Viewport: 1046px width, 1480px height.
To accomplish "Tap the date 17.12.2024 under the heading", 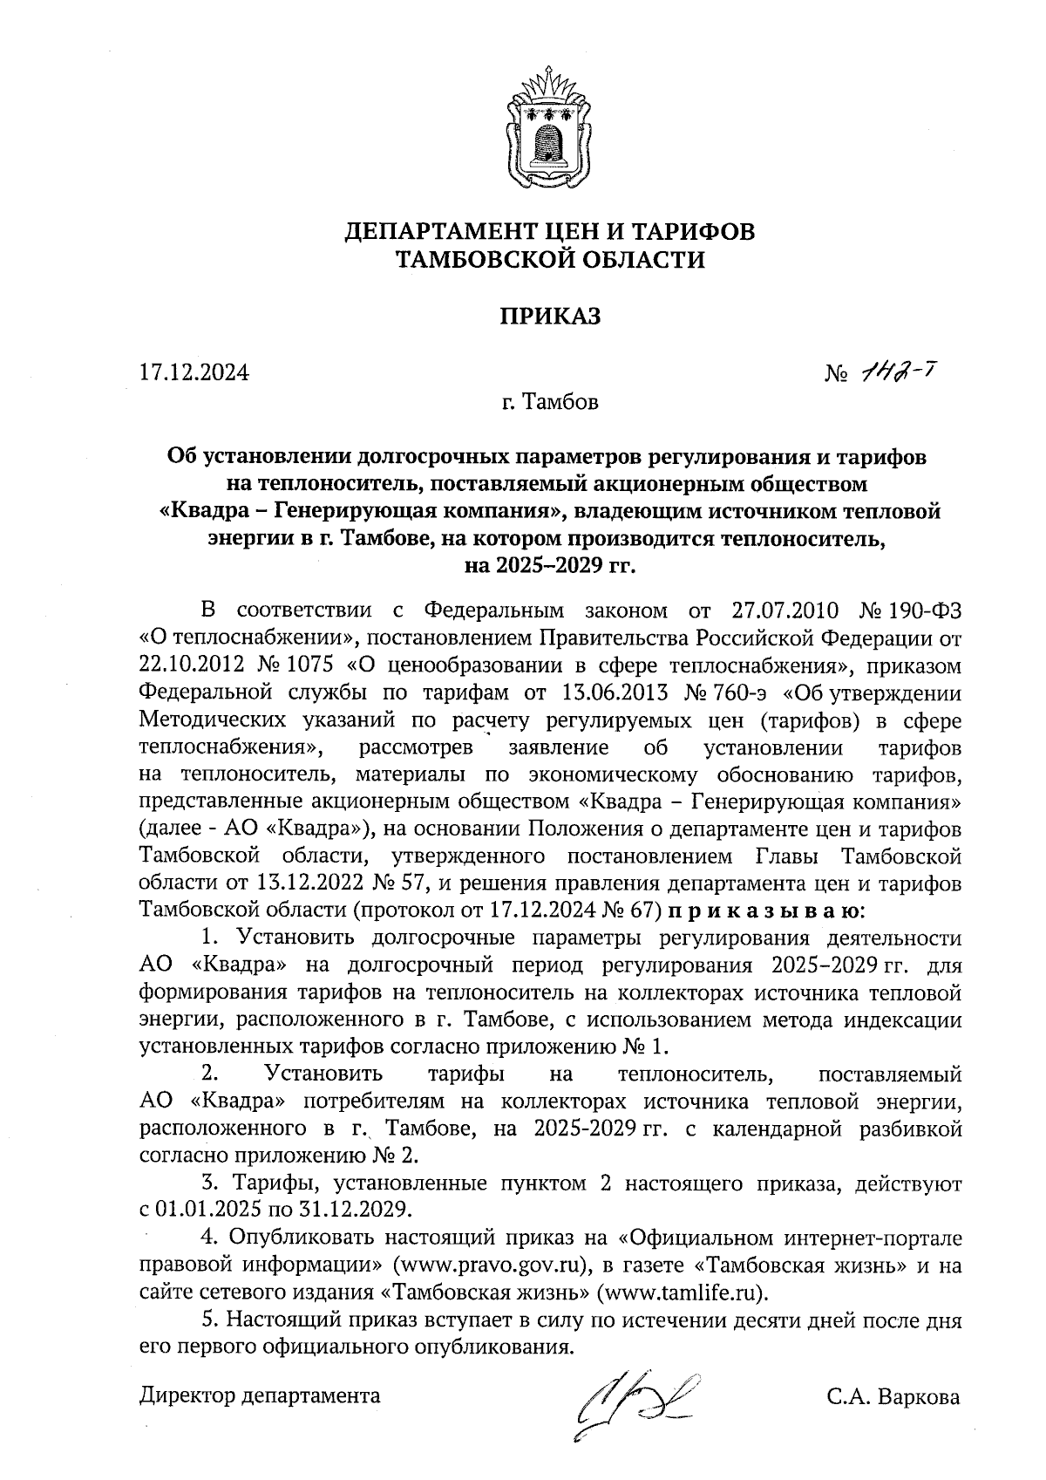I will pyautogui.click(x=194, y=373).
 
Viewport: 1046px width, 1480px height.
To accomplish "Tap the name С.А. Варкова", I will pyautogui.click(x=893, y=1396).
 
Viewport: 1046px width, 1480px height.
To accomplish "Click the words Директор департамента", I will pyautogui.click(x=260, y=1395).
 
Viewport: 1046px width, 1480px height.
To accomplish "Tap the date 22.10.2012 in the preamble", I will pyautogui.click(x=188, y=665).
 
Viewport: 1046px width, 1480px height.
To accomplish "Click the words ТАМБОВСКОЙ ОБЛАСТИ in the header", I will pyautogui.click(x=549, y=259).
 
